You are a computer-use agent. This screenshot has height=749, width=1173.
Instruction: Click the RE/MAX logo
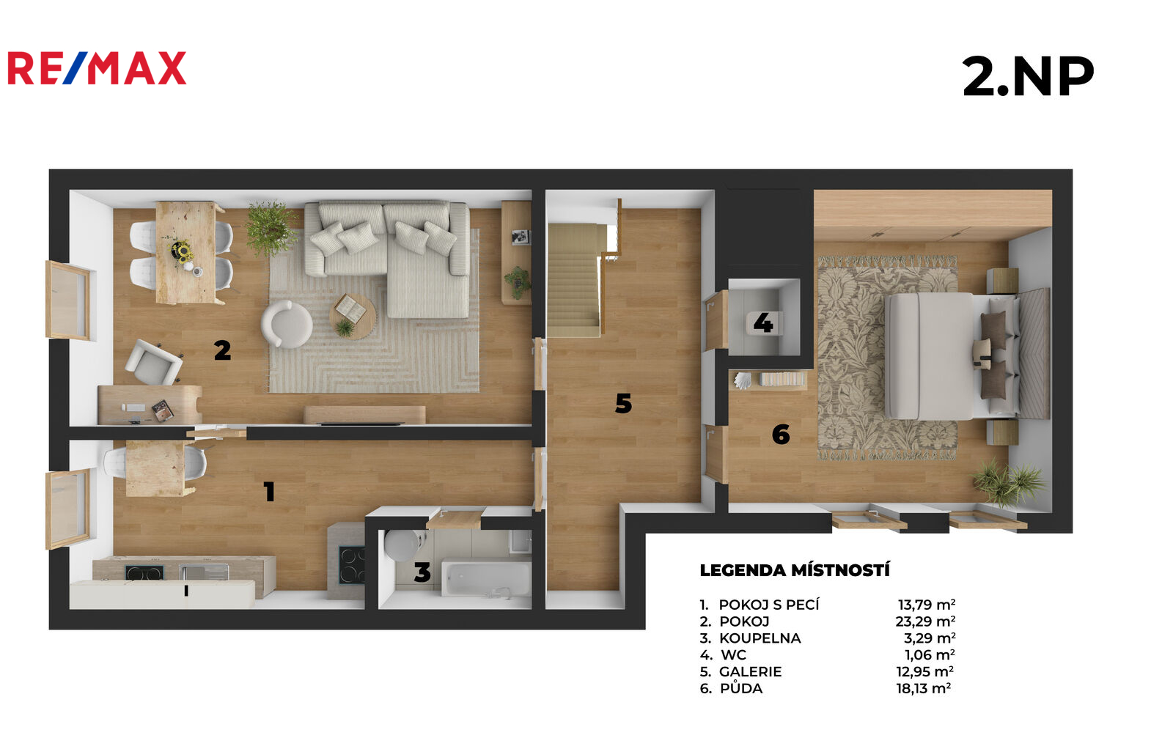pyautogui.click(x=97, y=68)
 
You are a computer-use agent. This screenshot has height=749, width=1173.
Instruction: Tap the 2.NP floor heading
pyautogui.click(x=1028, y=76)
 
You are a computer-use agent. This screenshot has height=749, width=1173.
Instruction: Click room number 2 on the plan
pyautogui.click(x=223, y=350)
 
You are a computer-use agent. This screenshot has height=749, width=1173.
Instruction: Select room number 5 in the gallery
pyautogui.click(x=623, y=403)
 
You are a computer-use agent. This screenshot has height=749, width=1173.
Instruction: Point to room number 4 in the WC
pyautogui.click(x=763, y=323)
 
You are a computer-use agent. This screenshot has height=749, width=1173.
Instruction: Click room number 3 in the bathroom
pyautogui.click(x=422, y=572)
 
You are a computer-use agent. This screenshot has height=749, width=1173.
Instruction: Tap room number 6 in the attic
pyautogui.click(x=781, y=435)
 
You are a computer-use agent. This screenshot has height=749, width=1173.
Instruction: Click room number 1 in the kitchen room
pyautogui.click(x=269, y=492)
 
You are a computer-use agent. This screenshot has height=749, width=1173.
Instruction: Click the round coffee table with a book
pyautogui.click(x=353, y=316)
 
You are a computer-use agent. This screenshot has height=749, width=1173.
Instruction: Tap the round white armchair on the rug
pyautogui.click(x=287, y=324)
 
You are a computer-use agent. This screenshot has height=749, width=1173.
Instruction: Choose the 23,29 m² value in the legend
pyautogui.click(x=925, y=621)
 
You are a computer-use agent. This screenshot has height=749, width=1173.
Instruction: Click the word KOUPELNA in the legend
pyautogui.click(x=760, y=638)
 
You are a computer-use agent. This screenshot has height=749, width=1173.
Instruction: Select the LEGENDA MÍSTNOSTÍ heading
pyautogui.click(x=795, y=570)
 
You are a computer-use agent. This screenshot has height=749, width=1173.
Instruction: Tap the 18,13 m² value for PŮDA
pyautogui.click(x=924, y=688)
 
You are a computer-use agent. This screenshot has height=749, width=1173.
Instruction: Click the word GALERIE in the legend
pyautogui.click(x=750, y=671)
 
